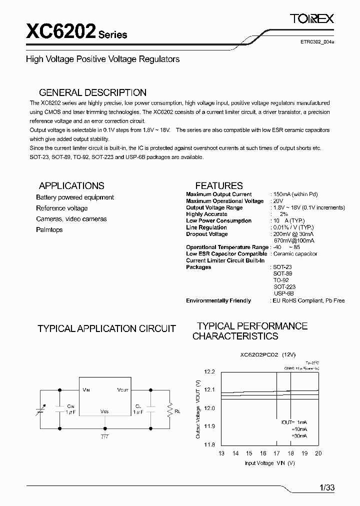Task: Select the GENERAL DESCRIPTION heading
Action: pyautogui.click(x=92, y=92)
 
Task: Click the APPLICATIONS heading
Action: pyautogui.click(x=71, y=185)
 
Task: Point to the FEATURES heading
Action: pyautogui.click(x=218, y=185)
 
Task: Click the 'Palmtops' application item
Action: pyautogui.click(x=49, y=229)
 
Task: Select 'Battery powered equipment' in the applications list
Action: pyautogui.click(x=75, y=197)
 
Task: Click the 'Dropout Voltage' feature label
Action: pyautogui.click(x=207, y=234)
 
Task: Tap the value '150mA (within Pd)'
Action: pyautogui.click(x=295, y=194)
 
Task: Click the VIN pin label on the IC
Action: pyautogui.click(x=86, y=389)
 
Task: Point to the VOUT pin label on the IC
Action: pyautogui.click(x=122, y=389)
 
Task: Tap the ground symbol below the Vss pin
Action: pyautogui.click(x=104, y=436)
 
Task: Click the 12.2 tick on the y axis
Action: pyautogui.click(x=209, y=371)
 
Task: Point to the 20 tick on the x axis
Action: pyautogui.click(x=318, y=453)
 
